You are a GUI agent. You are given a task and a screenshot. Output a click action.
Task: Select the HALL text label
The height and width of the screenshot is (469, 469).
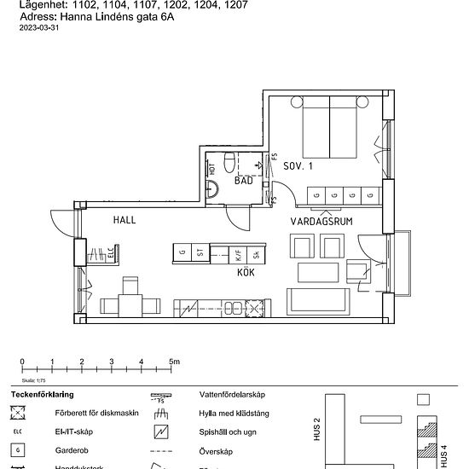point(124,220)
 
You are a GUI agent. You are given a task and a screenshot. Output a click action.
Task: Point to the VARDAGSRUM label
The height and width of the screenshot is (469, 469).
point(321,221)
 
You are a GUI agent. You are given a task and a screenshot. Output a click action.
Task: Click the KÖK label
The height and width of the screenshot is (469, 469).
point(246,274)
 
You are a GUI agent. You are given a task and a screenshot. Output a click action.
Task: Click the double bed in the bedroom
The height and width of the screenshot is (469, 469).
point(331,128)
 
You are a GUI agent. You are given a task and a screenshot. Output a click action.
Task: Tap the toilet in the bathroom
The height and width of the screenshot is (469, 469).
point(228,161)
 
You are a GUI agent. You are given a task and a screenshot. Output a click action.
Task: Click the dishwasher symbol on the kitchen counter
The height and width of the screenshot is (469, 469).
point(254,308)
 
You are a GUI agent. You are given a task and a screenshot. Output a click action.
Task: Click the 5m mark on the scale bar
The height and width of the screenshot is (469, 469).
point(174,362)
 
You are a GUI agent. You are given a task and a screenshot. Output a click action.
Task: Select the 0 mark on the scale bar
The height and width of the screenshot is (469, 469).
point(22,362)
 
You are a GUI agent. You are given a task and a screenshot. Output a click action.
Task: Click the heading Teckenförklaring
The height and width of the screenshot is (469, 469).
point(42,395)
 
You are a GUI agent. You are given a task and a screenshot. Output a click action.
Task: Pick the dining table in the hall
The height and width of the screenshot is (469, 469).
point(130,303)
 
